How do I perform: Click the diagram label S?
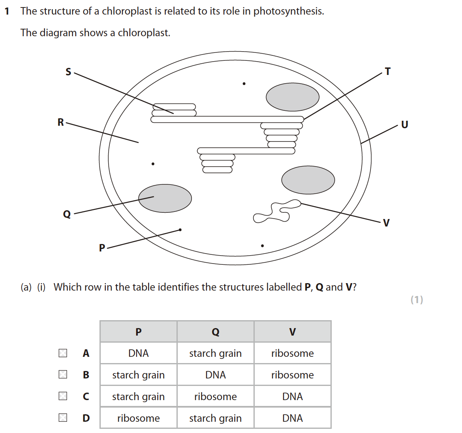click(x=68, y=72)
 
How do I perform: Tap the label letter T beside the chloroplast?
click(x=388, y=71)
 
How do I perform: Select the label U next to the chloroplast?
click(x=405, y=124)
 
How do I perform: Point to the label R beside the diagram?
click(x=61, y=122)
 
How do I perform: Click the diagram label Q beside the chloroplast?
click(x=67, y=214)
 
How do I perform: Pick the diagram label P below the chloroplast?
click(x=102, y=248)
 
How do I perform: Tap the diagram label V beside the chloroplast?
click(x=386, y=223)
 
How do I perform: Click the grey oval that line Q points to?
click(x=165, y=198)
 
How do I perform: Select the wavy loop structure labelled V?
click(x=277, y=211)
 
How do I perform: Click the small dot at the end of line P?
click(x=180, y=230)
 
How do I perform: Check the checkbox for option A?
click(x=63, y=353)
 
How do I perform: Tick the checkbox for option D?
click(x=63, y=418)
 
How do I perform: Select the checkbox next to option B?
click(x=63, y=374)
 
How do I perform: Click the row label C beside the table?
click(x=86, y=396)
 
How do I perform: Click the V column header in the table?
click(x=293, y=332)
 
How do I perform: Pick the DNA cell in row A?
click(x=139, y=353)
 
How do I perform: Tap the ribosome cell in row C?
click(x=215, y=396)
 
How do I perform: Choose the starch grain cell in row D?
click(x=215, y=418)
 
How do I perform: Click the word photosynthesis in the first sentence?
click(x=289, y=11)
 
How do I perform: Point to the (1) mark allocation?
click(x=417, y=299)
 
